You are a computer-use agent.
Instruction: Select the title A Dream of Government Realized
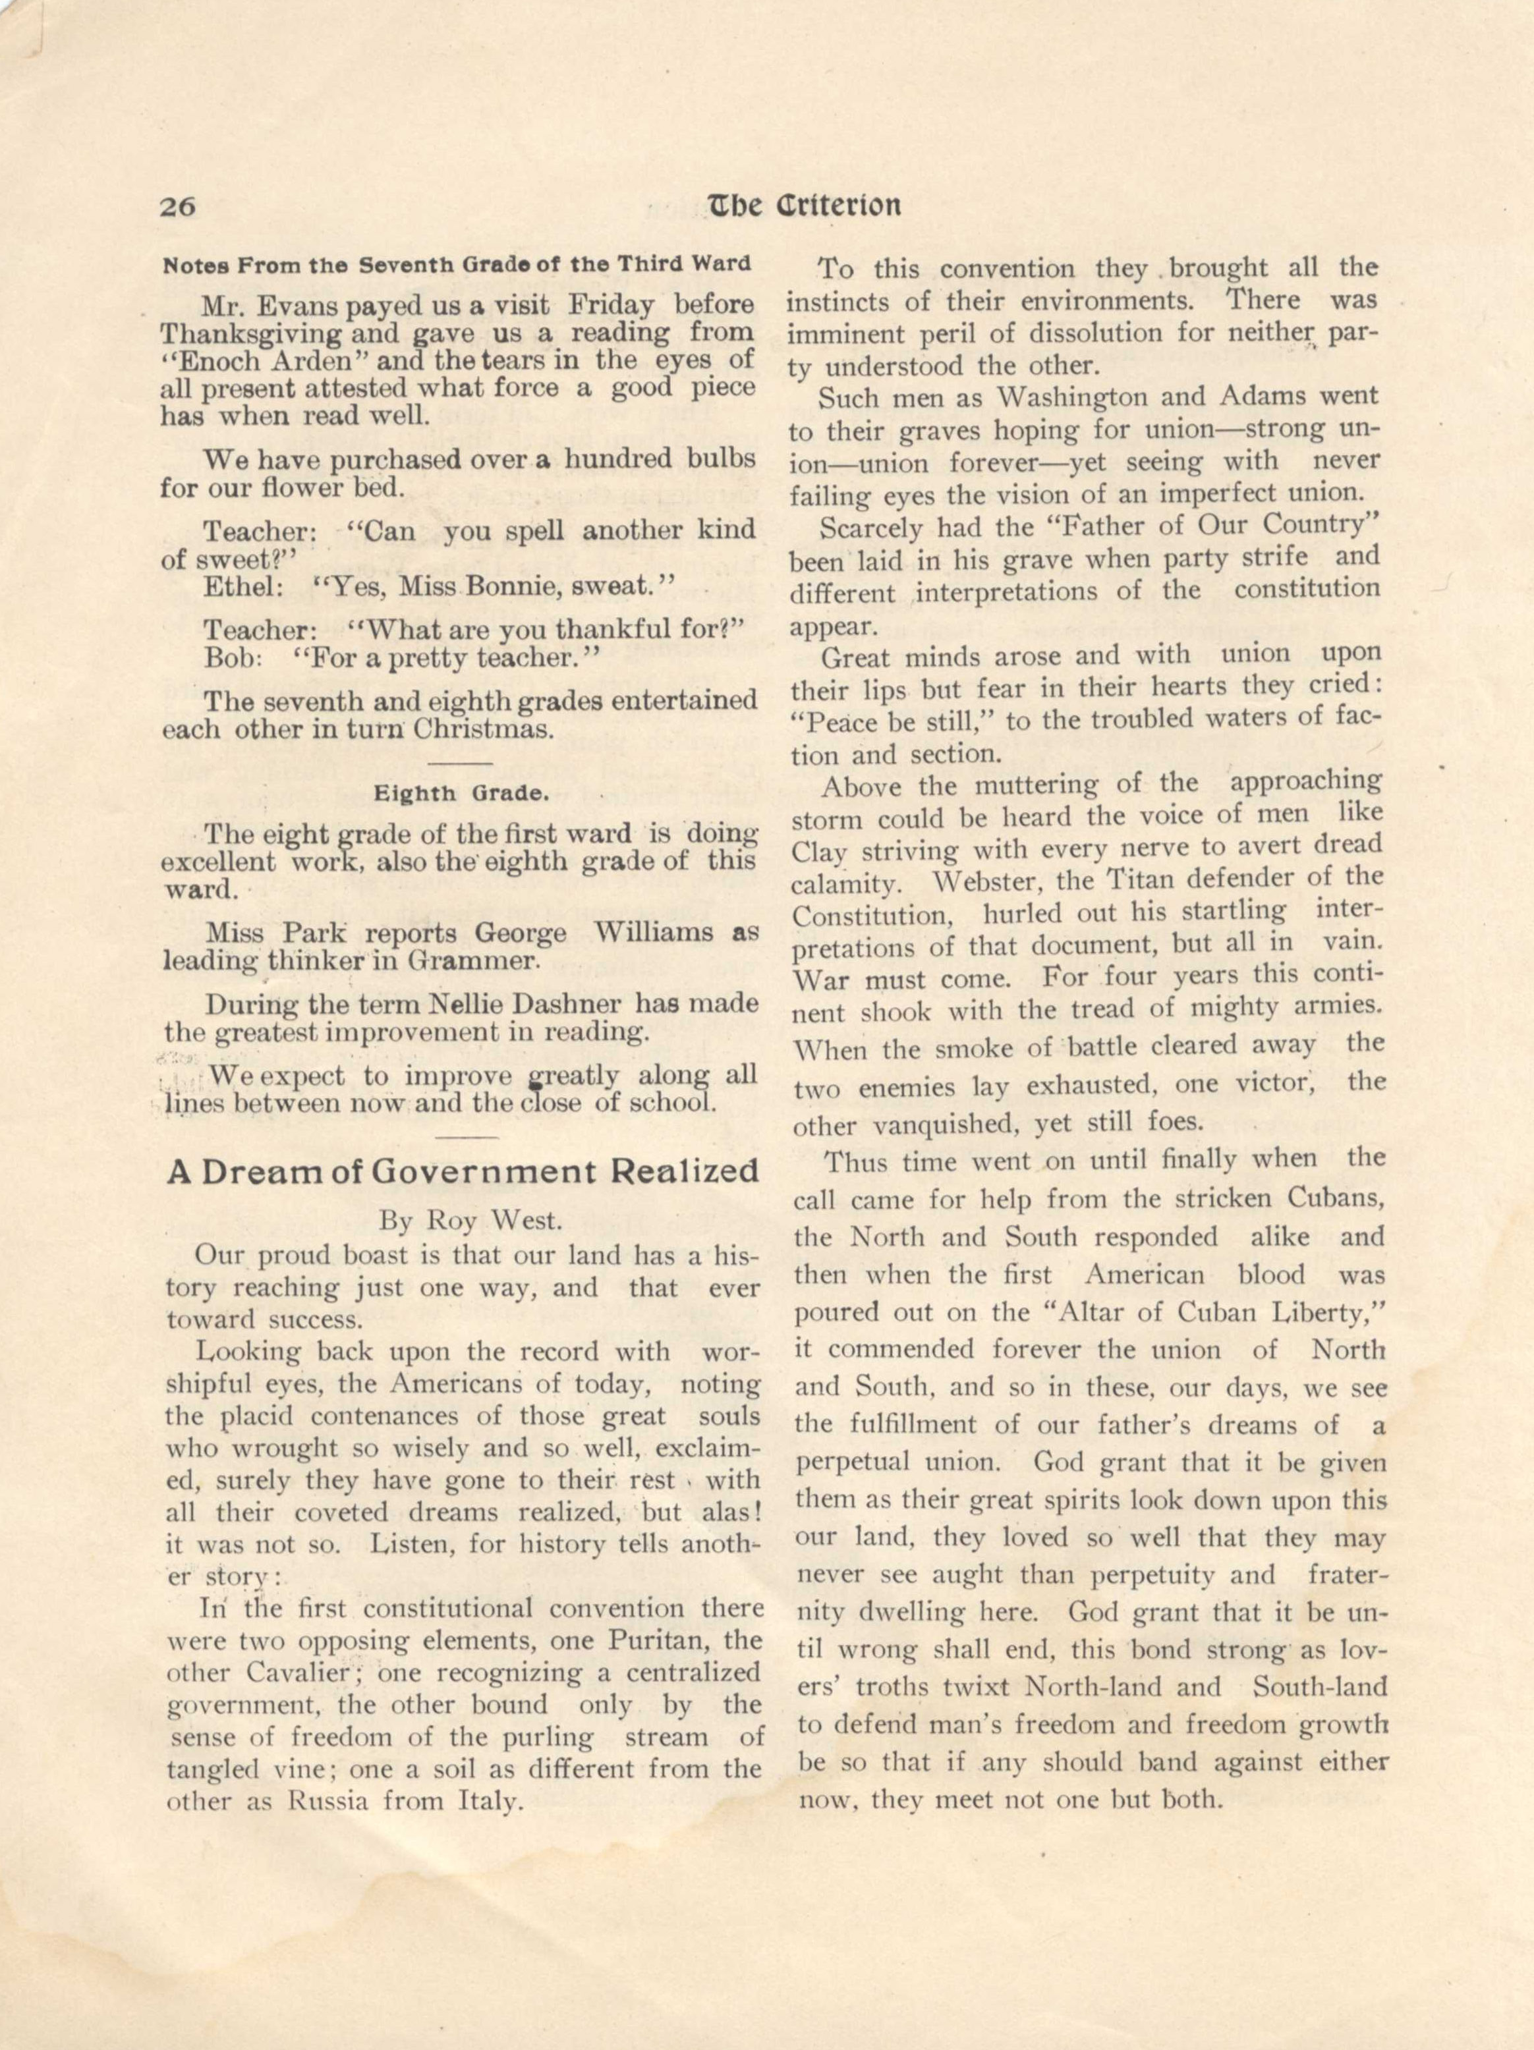(x=463, y=1171)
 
